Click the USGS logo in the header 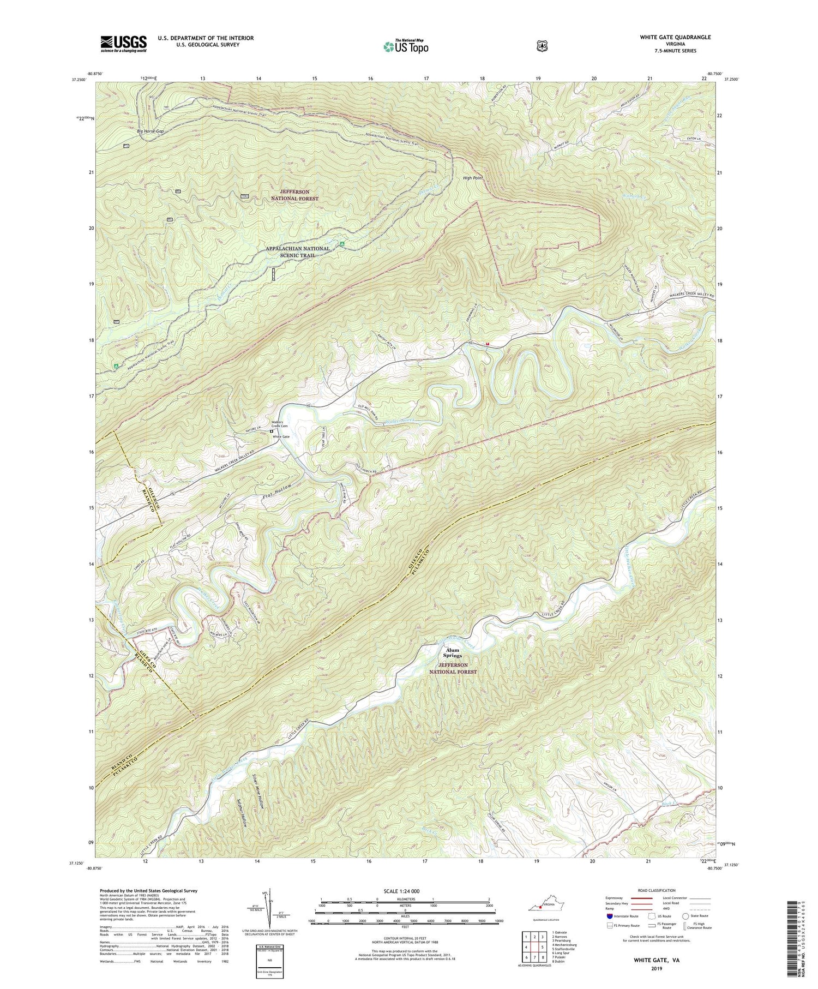point(123,44)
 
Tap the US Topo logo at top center point(406,46)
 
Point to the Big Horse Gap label point(150,131)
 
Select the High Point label point(473,178)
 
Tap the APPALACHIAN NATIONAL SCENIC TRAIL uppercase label point(298,251)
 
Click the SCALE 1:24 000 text point(404,891)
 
